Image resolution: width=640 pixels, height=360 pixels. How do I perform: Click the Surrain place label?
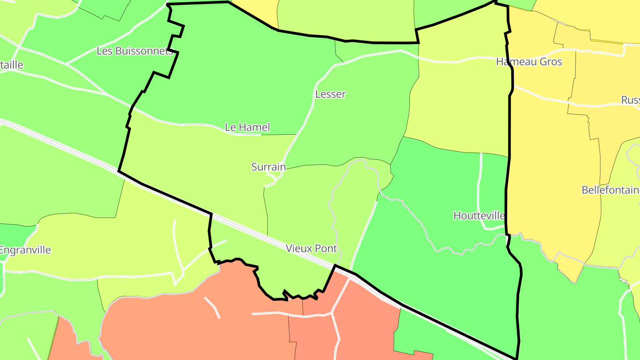tap(268, 167)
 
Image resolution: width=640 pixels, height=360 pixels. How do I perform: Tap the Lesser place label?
tap(330, 94)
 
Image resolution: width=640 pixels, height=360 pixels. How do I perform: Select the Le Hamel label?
tap(247, 128)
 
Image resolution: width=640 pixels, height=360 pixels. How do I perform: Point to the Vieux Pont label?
tap(312, 248)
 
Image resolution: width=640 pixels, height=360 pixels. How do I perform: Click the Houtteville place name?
tap(479, 216)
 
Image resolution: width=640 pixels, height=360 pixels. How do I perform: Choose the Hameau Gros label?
tap(529, 62)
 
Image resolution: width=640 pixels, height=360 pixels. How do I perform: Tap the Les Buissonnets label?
tap(135, 51)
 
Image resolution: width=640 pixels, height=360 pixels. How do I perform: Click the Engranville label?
tap(25, 250)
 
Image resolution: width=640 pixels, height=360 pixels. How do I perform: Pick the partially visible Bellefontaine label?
tap(611, 190)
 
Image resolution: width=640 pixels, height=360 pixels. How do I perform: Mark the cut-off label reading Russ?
tap(630, 100)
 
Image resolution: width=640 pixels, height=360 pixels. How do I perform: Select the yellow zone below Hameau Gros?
tap(551, 169)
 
